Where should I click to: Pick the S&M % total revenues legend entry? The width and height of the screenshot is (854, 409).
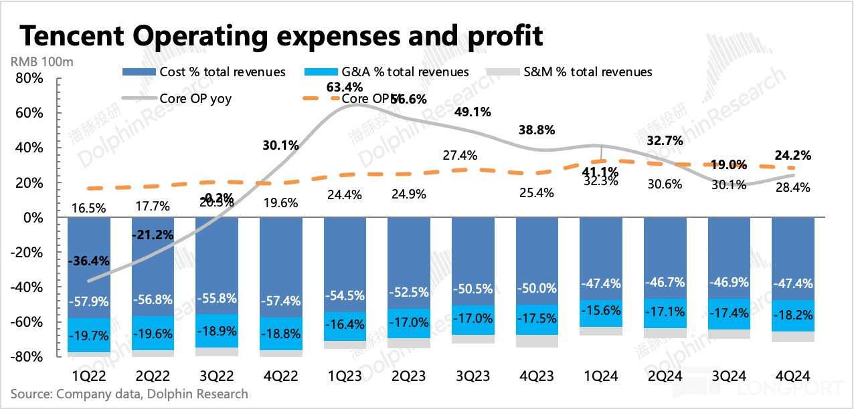click(x=579, y=72)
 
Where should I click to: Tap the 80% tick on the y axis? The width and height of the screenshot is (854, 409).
click(x=29, y=79)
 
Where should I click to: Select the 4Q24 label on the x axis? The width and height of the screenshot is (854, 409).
click(x=793, y=376)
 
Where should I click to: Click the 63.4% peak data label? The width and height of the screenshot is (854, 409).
click(x=344, y=87)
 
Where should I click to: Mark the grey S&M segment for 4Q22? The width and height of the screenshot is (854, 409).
click(x=280, y=353)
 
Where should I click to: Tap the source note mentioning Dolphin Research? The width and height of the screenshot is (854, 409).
click(x=129, y=394)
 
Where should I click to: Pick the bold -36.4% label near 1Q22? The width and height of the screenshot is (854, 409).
click(x=89, y=261)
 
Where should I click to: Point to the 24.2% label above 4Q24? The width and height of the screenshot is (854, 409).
click(x=793, y=156)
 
